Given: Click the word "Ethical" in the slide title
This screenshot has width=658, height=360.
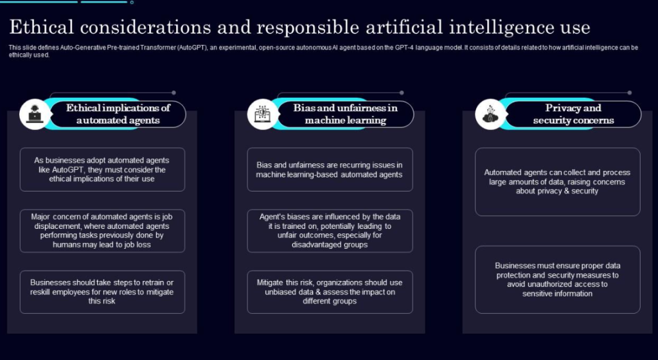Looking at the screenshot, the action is pyautogui.click(x=41, y=28).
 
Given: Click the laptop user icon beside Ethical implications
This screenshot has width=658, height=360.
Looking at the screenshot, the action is pyautogui.click(x=35, y=114).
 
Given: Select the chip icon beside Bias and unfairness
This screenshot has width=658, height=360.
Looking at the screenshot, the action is pyautogui.click(x=263, y=114).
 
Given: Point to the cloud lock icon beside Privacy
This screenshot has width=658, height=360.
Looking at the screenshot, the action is pyautogui.click(x=490, y=114).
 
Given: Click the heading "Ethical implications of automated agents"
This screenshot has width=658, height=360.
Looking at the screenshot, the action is pyautogui.click(x=118, y=114).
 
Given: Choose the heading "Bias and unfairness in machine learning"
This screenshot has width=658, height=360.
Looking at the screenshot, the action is pyautogui.click(x=345, y=114).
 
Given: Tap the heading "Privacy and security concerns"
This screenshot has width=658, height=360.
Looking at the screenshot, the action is pyautogui.click(x=573, y=114).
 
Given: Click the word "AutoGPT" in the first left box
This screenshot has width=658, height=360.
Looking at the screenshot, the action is pyautogui.click(x=67, y=170).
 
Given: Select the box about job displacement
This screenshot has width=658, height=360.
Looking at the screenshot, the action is pyautogui.click(x=102, y=231).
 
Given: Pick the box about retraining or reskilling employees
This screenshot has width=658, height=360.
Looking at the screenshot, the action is pyautogui.click(x=102, y=292).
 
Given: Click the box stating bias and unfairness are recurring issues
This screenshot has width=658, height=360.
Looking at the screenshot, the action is pyautogui.click(x=330, y=170).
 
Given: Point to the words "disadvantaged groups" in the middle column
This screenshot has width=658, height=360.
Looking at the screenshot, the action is pyautogui.click(x=330, y=245).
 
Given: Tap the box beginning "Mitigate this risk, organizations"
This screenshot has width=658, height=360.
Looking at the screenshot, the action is pyautogui.click(x=330, y=292).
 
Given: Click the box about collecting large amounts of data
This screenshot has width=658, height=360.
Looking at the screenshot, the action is pyautogui.click(x=558, y=182).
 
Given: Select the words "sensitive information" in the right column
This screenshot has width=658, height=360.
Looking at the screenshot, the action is pyautogui.click(x=557, y=294).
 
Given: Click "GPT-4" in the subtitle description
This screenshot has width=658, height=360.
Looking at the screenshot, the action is pyautogui.click(x=405, y=48).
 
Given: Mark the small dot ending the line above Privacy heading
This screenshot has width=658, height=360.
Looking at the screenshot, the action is pyautogui.click(x=630, y=93).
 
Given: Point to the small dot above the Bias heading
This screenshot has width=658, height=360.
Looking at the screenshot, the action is pyautogui.click(x=402, y=93).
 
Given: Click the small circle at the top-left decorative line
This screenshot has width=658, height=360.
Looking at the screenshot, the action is pyautogui.click(x=132, y=3).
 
